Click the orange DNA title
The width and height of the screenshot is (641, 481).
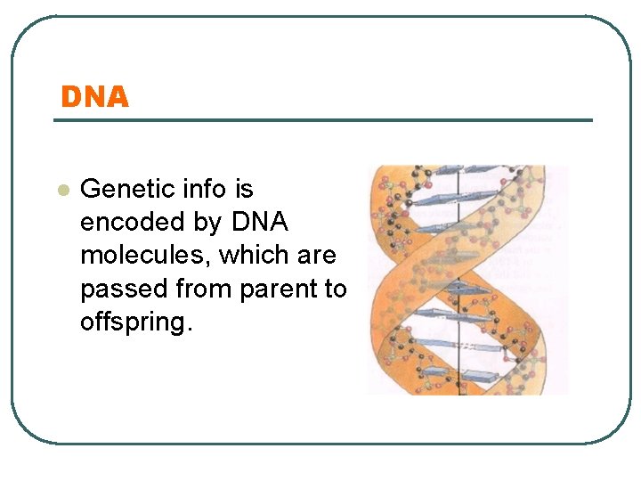tap(94, 96)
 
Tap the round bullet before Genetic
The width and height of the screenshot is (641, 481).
tap(61, 190)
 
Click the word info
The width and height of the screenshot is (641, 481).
tap(197, 189)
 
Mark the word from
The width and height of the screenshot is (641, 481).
tap(202, 289)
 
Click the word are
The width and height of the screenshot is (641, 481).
tap(317, 256)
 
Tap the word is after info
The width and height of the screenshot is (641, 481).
tap(243, 189)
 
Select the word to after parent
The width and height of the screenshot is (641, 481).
tap(335, 289)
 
